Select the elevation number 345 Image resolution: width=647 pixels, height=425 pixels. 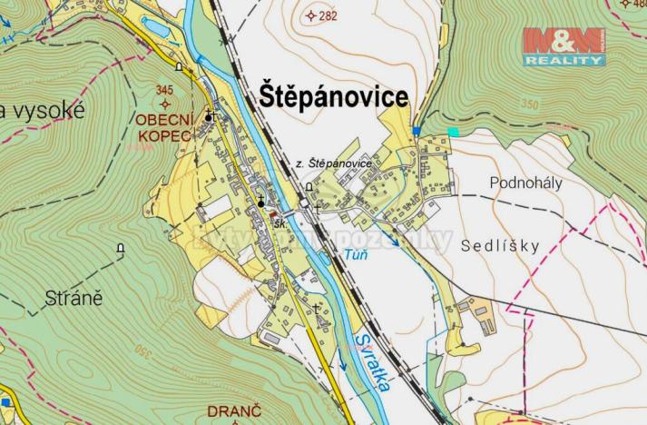(163, 89)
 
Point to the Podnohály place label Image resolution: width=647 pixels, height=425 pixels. (526, 182)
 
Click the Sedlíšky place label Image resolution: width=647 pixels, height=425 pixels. (500, 245)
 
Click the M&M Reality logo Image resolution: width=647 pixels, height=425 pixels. (564, 46)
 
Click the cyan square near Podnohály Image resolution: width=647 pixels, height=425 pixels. (454, 133)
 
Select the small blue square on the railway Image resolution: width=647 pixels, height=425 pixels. (417, 131)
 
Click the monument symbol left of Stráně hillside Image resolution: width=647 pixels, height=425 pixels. (121, 248)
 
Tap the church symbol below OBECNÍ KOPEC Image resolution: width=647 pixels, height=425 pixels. (261, 202)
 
